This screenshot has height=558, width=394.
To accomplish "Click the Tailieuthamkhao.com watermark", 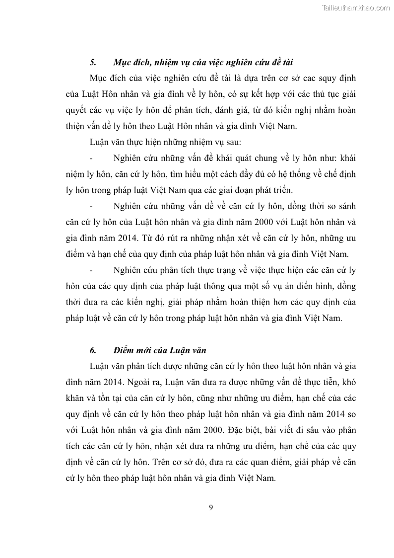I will coord(356,7).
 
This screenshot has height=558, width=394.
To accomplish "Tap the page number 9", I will coord(211,507).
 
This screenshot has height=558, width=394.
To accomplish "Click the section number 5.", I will coord(92,62).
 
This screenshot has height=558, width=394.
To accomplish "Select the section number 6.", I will coord(92,350).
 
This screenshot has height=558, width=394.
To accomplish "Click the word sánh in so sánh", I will coord(345,206).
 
